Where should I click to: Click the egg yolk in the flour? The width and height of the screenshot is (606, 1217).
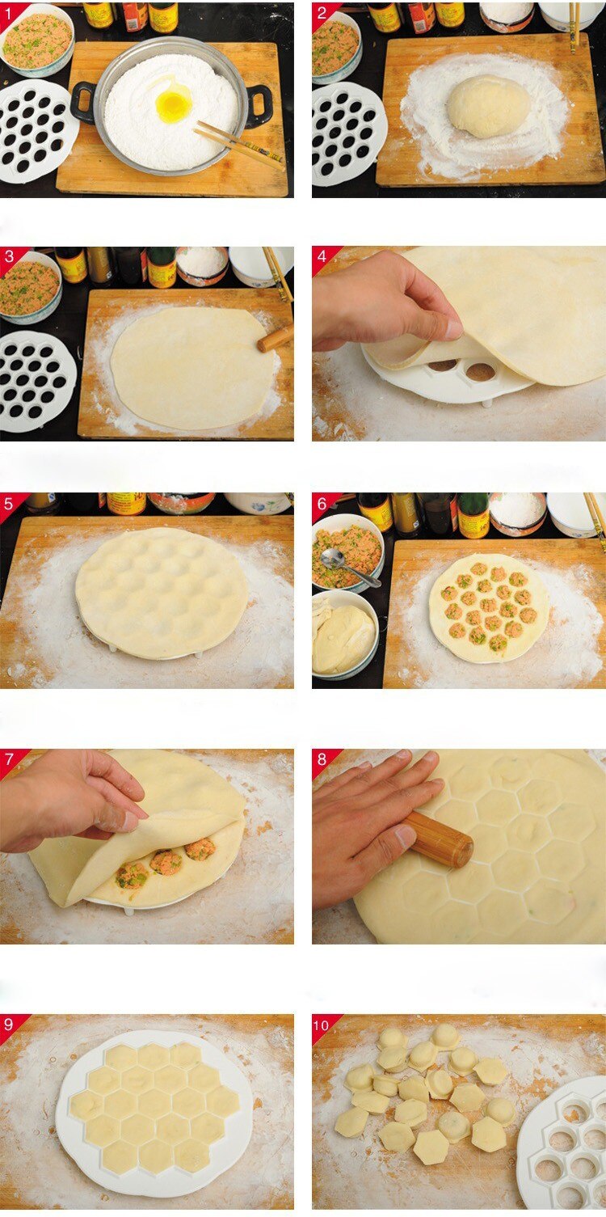coord(173,106)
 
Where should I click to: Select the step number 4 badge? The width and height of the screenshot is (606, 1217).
coord(322,256)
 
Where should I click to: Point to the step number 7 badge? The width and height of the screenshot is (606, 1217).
coord(9,759)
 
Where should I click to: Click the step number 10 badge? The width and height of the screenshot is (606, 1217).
coord(322,1025)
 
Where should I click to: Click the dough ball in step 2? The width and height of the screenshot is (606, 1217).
coord(488,106)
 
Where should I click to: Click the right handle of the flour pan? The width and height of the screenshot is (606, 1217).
coord(260,105)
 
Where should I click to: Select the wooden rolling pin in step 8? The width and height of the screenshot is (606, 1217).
coord(438,840)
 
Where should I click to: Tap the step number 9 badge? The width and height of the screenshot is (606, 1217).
coord(9,1025)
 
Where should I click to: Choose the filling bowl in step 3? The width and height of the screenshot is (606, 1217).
coord(30,288)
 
